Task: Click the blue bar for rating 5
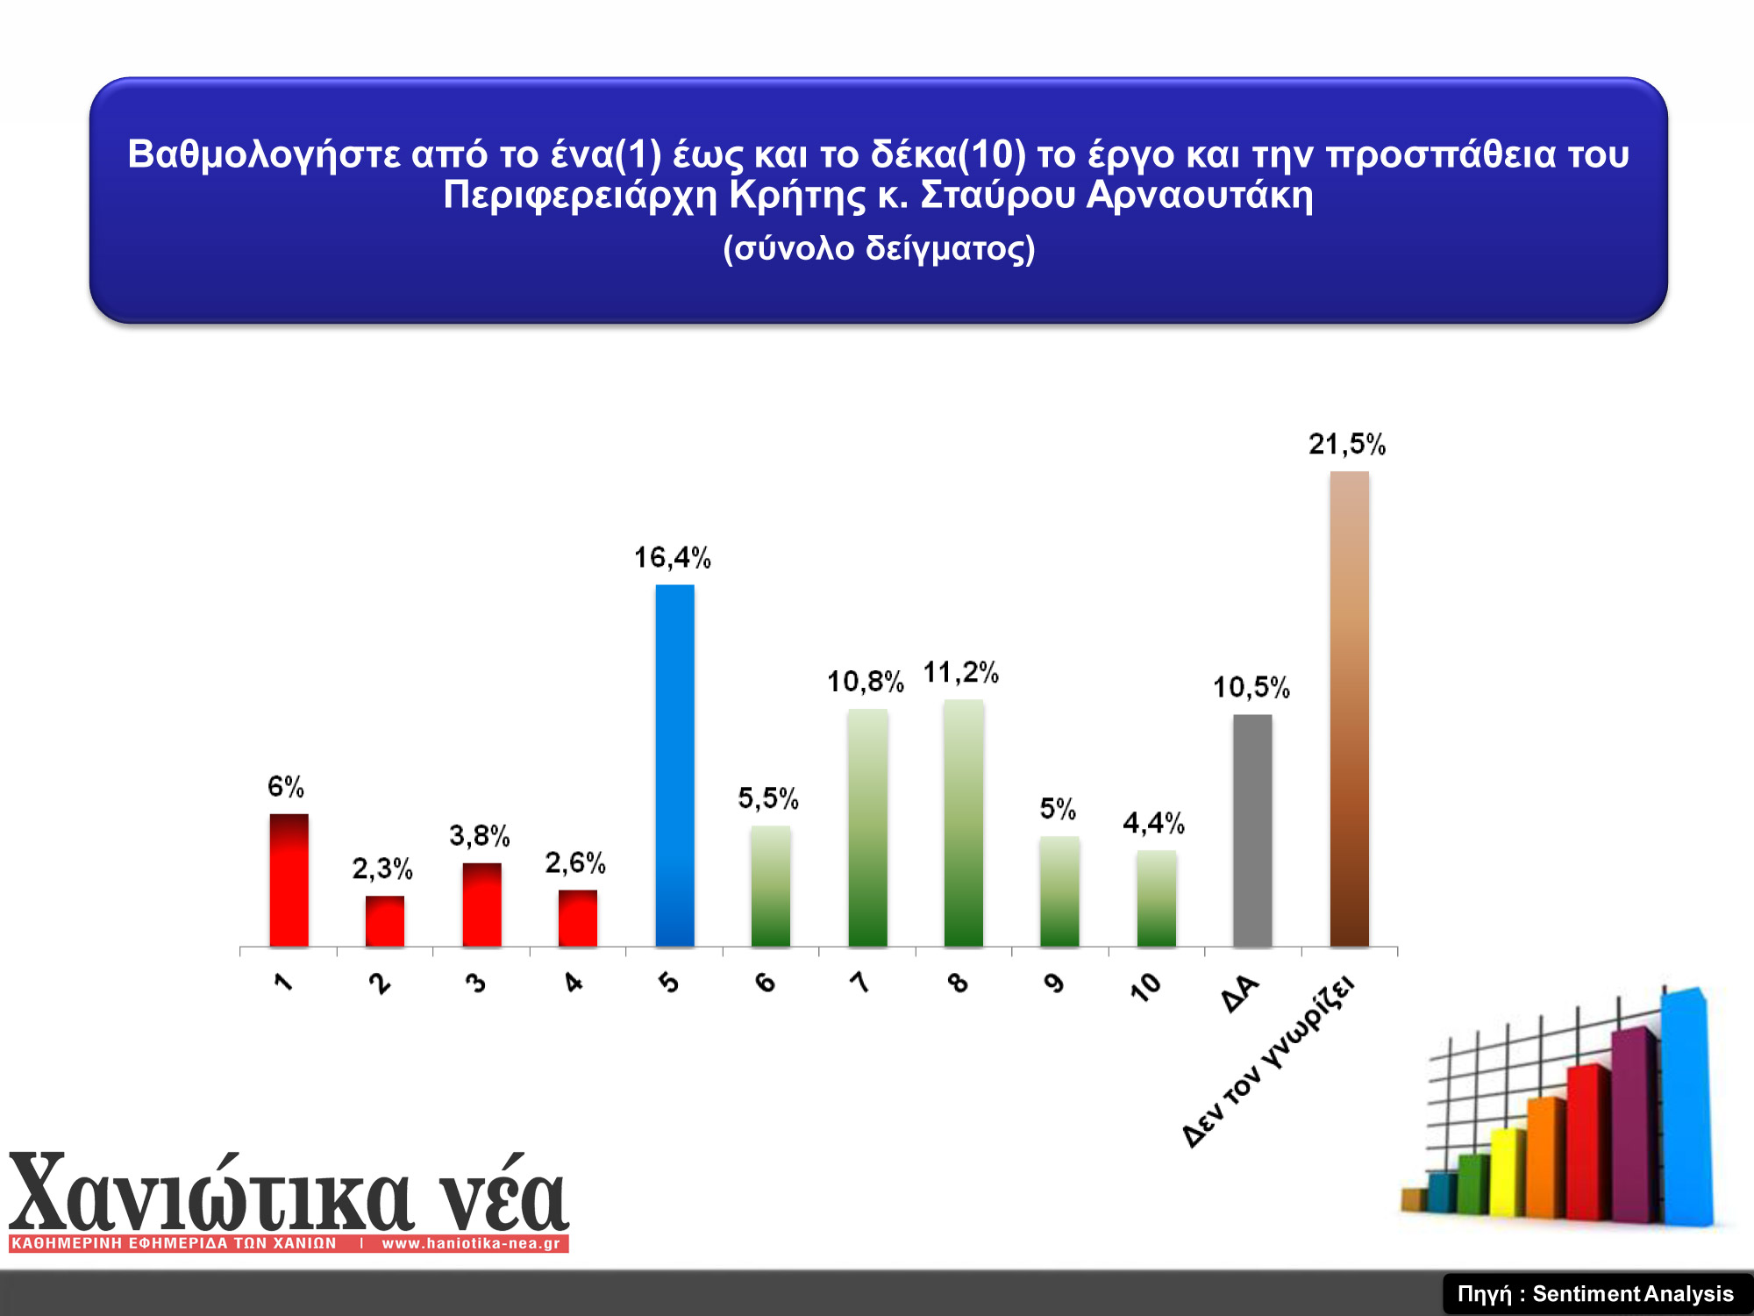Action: pos(674,765)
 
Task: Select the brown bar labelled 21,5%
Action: pos(1349,709)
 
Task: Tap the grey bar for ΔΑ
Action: pos(1252,831)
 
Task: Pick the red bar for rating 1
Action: pos(289,880)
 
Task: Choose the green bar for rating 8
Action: pos(963,823)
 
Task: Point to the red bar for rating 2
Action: pos(385,921)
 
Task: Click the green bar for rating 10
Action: pos(1156,898)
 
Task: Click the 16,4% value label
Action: pos(673,557)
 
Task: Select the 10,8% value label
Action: pos(866,681)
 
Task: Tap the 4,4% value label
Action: pos(1154,823)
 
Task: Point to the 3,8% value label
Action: pos(480,835)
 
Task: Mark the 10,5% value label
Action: pos(1251,687)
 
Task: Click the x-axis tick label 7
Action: pos(860,982)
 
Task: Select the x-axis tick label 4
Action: pos(573,982)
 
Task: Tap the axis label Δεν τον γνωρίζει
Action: pos(1268,1062)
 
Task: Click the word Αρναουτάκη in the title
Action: pos(1200,194)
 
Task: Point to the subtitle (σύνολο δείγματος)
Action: pos(879,248)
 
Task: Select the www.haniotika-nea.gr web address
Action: pos(471,1243)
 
